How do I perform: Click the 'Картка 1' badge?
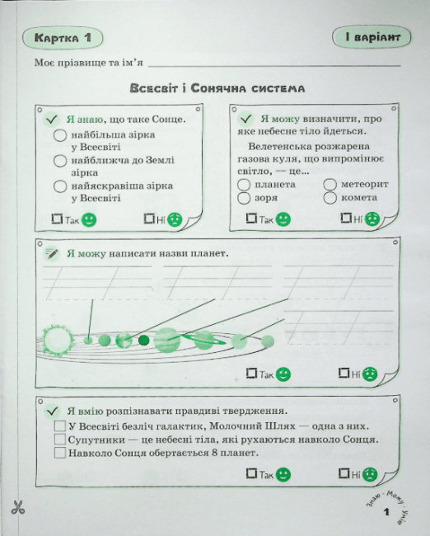[63, 38]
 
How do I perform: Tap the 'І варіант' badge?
[372, 37]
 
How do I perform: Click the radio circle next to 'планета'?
[244, 185]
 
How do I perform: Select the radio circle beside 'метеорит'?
[330, 185]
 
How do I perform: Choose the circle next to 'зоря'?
[244, 198]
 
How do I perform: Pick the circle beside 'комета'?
[330, 198]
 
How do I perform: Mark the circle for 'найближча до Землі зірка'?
[60, 161]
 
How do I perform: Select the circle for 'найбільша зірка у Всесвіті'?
[60, 135]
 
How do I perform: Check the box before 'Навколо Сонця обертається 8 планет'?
[60, 453]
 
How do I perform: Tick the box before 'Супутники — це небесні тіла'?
[60, 439]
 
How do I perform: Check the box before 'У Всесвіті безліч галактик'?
[60, 426]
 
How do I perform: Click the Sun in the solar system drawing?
[58, 341]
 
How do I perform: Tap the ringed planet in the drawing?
[204, 340]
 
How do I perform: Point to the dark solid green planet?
[144, 341]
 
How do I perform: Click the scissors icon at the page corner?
[18, 507]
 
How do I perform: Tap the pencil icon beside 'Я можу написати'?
[52, 254]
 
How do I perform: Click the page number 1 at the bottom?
[386, 512]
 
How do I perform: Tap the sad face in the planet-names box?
[370, 374]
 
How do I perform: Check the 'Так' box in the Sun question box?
[57, 219]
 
